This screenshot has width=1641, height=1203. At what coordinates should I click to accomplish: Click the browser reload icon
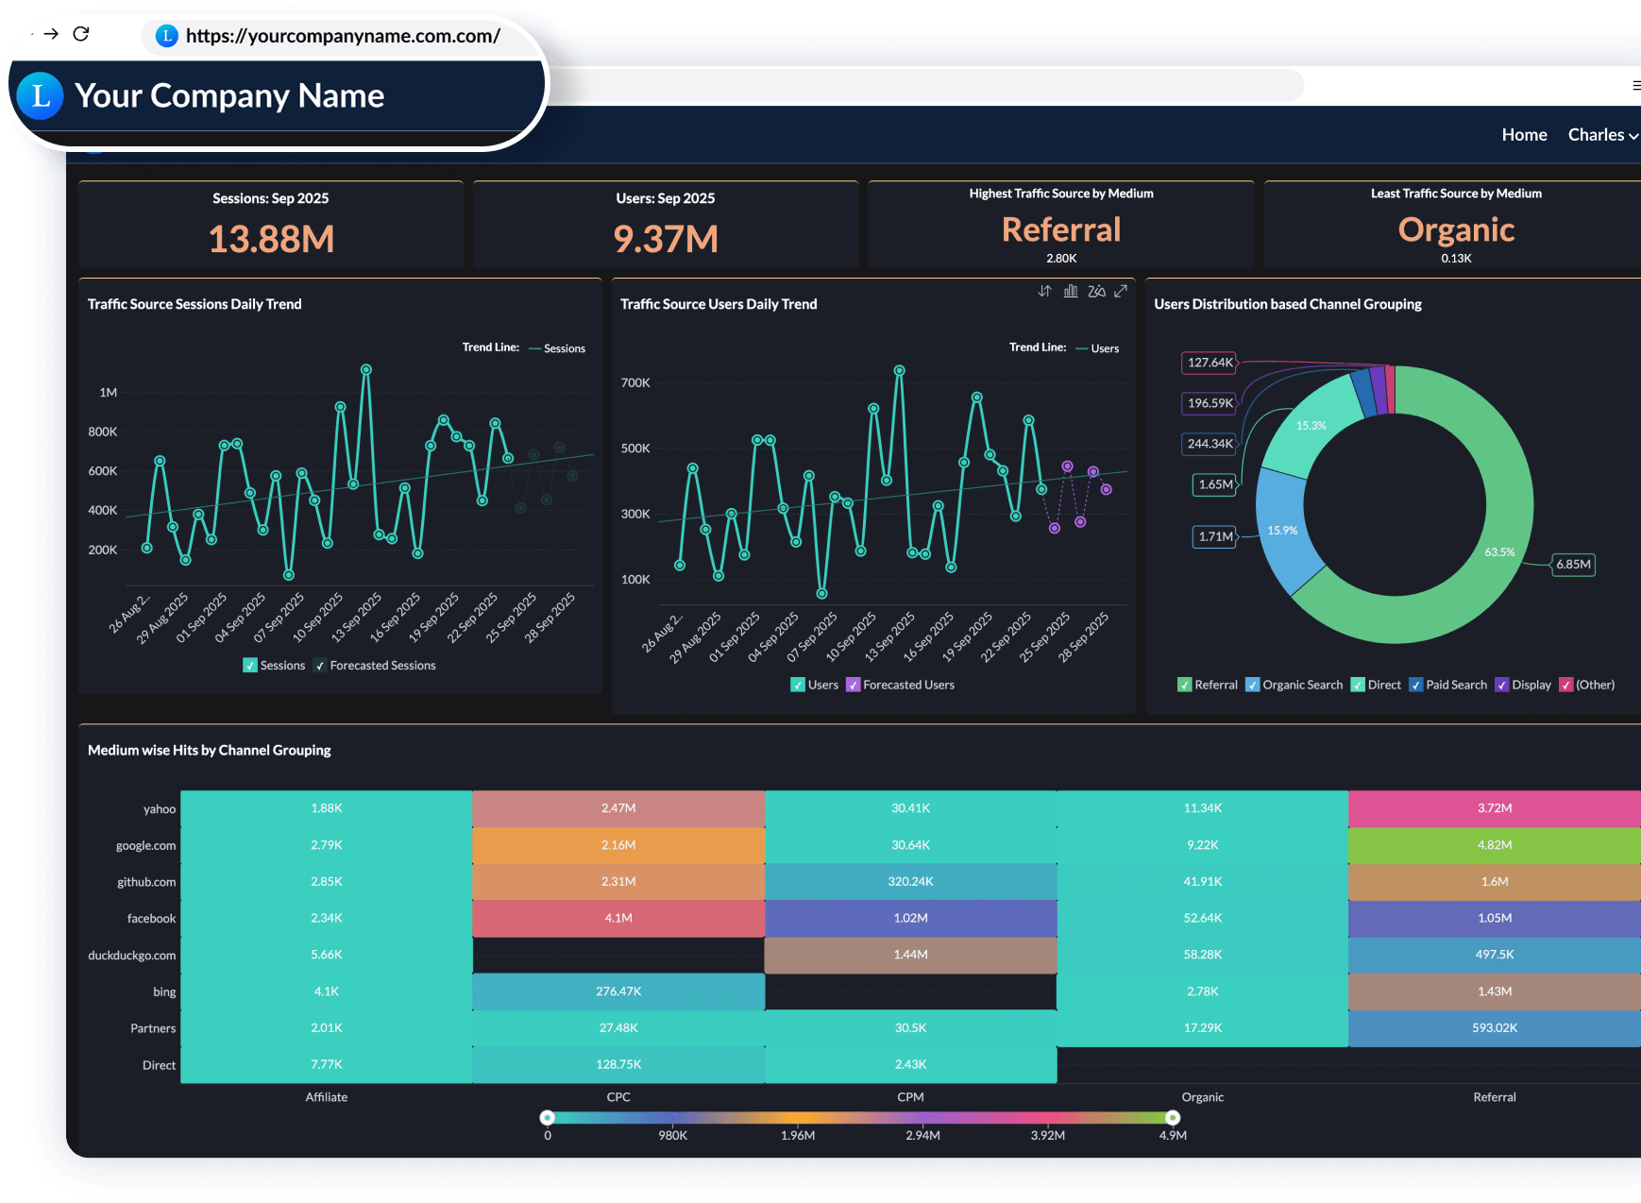(81, 34)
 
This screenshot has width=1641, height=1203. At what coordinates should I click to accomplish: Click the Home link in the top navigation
(1524, 135)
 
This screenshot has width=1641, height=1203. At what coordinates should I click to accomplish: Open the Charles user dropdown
(1602, 135)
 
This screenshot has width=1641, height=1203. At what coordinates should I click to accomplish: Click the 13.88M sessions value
(271, 239)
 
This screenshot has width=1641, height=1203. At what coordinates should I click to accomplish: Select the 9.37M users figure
(666, 239)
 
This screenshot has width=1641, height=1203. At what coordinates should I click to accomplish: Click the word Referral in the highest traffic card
(1060, 229)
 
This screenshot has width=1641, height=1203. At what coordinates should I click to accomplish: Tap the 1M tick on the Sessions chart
(109, 393)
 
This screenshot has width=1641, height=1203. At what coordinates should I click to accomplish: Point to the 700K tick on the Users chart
(635, 383)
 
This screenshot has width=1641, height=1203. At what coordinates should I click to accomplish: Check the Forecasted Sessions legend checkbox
(321, 666)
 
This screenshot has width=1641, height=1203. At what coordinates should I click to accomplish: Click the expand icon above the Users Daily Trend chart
(1121, 291)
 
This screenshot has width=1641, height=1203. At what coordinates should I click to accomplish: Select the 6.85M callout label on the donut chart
(1573, 565)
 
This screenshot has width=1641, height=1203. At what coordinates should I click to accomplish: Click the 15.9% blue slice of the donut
(1282, 531)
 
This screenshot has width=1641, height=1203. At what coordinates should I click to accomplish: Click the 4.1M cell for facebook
(618, 918)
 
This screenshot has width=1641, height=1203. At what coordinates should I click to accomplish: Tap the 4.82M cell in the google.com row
(1494, 845)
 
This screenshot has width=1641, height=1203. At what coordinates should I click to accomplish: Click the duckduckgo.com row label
(132, 956)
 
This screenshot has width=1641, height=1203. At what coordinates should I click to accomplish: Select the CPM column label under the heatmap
(910, 1097)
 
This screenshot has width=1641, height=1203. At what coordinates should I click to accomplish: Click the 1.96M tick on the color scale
(798, 1136)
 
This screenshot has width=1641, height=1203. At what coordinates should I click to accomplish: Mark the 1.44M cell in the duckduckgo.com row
(910, 955)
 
